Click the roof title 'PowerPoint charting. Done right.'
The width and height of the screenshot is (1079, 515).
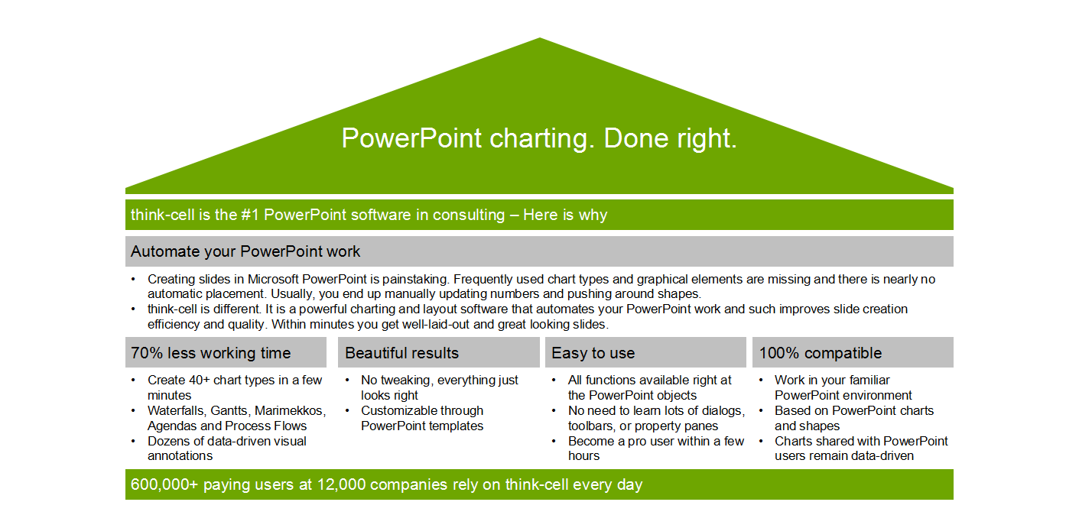click(539, 138)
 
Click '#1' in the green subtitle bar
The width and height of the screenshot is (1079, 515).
click(250, 215)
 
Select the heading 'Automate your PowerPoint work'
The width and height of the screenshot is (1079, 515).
click(245, 251)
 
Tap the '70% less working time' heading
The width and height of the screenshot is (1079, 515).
click(210, 353)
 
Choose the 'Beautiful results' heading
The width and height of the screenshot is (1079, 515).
click(401, 353)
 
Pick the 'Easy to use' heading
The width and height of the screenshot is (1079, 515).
click(593, 353)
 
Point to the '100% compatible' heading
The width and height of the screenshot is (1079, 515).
click(821, 353)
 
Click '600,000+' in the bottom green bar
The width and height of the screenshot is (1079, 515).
click(164, 484)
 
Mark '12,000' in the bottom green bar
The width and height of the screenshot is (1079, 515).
click(341, 484)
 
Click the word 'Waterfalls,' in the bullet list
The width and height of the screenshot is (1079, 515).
click(177, 411)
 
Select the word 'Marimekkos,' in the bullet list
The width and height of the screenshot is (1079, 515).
click(290, 411)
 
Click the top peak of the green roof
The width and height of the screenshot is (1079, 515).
click(540, 38)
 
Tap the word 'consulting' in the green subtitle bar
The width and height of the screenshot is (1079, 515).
click(468, 215)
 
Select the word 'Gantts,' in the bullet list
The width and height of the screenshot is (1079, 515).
click(230, 411)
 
